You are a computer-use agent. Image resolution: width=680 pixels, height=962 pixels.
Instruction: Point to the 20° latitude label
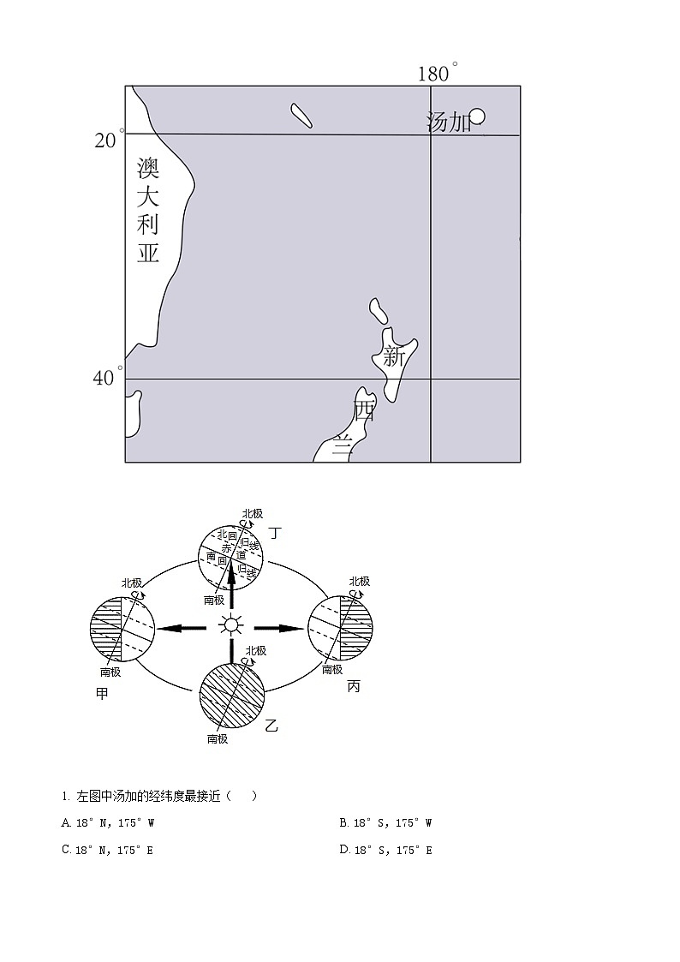click(x=106, y=139)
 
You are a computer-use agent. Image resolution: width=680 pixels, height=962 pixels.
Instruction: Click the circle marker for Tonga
click(x=477, y=117)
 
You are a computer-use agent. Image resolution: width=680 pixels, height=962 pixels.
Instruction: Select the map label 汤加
click(x=449, y=122)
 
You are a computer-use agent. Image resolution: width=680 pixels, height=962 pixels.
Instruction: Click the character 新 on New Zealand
click(x=393, y=356)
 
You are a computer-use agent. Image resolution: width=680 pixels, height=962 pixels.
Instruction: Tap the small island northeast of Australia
click(x=301, y=116)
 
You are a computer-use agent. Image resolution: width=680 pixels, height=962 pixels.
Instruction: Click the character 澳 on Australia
click(x=149, y=167)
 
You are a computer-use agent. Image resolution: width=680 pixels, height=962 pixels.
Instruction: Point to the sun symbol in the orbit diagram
click(x=230, y=625)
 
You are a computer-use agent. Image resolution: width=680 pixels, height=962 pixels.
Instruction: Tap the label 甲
click(x=103, y=693)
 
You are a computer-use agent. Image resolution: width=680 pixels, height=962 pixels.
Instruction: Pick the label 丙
click(x=354, y=686)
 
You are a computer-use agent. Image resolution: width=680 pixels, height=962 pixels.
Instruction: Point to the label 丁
click(x=274, y=533)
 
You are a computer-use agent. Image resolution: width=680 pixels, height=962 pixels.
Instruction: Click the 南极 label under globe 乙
click(x=218, y=738)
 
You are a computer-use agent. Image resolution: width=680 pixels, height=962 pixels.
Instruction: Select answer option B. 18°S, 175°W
click(x=385, y=823)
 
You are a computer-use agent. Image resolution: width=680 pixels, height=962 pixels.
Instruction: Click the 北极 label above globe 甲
click(x=131, y=583)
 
